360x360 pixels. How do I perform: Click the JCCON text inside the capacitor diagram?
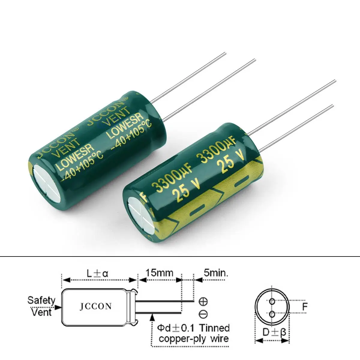point(96,306)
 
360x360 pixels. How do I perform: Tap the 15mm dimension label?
point(159,273)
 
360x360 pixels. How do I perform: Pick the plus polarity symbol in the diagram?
point(203,301)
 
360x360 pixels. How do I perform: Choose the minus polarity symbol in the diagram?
point(203,314)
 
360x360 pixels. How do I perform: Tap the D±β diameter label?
point(272,332)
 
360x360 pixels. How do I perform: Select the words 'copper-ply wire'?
point(193,339)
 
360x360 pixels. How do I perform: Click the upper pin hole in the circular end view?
point(272,301)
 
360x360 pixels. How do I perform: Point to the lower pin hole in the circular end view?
point(272,314)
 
